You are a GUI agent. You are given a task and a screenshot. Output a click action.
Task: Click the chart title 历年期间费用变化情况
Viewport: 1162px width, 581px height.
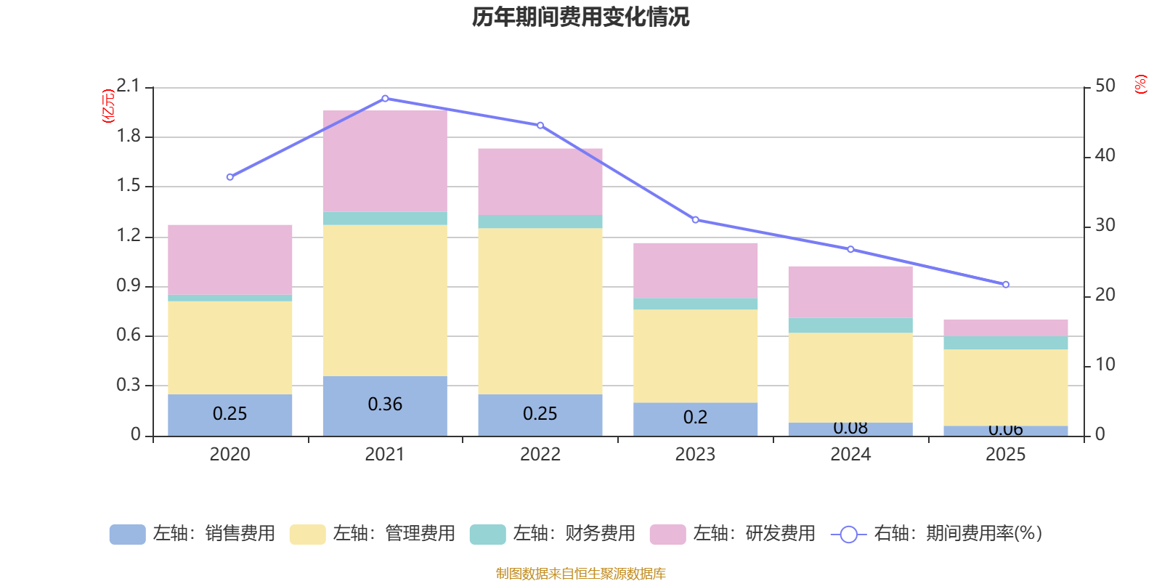(580, 17)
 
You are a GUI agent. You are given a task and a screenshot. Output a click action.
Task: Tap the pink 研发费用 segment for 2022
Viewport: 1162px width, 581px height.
(540, 182)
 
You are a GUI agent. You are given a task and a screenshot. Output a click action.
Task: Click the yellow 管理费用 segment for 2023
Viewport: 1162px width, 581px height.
(695, 356)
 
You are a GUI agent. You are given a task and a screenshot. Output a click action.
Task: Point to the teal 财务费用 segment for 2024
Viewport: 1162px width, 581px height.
(850, 325)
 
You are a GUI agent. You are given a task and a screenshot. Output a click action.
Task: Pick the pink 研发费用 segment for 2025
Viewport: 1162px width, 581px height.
(1006, 328)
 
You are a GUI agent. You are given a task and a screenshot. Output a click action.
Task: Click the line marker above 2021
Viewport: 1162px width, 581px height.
(385, 98)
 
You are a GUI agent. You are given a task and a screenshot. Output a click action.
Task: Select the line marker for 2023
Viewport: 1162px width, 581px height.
(695, 219)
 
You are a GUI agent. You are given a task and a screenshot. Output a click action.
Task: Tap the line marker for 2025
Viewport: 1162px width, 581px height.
(1006, 285)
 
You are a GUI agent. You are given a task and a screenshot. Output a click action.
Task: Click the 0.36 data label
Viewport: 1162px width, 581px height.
(385, 404)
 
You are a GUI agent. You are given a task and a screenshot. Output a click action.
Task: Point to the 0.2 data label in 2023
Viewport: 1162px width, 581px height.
(695, 418)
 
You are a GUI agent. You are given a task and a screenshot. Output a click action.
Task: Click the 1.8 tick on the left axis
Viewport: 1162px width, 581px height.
(129, 137)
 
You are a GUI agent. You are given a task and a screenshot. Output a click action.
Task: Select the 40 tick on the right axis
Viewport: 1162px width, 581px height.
(1105, 155)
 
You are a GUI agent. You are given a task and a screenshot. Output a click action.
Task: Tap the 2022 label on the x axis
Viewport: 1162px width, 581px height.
(540, 455)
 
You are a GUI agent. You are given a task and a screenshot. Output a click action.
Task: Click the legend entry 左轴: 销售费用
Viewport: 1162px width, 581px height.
(192, 534)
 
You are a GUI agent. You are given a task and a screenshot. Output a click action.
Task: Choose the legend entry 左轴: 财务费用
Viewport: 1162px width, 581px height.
(553, 534)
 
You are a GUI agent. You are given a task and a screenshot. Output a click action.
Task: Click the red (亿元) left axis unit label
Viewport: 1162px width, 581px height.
(108, 106)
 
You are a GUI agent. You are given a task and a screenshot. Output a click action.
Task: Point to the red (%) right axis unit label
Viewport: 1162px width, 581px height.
(1141, 84)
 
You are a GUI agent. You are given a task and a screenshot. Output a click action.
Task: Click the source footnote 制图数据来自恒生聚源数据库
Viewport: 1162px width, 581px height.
(580, 574)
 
